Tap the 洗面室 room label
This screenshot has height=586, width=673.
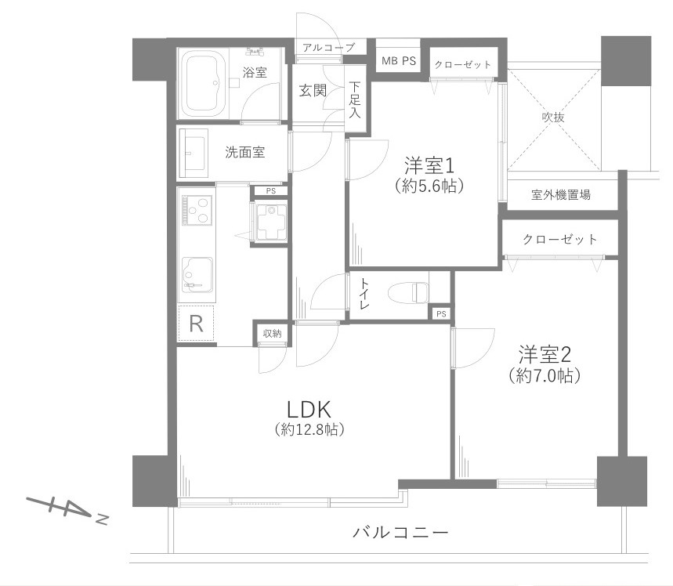pos(244,153)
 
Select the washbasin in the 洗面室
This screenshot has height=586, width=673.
pos(194,153)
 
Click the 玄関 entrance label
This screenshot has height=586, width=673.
pos(313,90)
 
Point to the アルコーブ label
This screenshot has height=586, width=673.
pos(328,48)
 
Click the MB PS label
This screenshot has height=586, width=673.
pos(399,61)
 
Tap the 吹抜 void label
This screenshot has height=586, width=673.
pos(553,117)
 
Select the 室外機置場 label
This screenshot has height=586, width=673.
pos(560,195)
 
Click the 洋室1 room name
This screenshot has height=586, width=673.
pos(429,165)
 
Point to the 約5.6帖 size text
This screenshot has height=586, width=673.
pos(429,186)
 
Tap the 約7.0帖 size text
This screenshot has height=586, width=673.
pos(544,375)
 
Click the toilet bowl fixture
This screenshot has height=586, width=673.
pos(411,291)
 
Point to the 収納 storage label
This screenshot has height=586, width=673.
pos(272,334)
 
